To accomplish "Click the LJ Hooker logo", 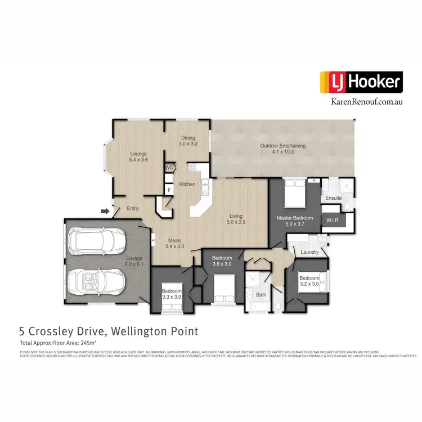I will pos(361,83).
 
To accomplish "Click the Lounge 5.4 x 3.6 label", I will pos(138,156).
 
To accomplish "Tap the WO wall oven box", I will pos(169,168).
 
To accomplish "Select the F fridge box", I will pos(169,190).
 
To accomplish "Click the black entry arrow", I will pos(105,211).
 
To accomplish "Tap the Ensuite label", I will pos(334,198).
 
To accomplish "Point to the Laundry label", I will pos(310,252).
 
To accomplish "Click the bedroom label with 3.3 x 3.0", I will pos(172,293).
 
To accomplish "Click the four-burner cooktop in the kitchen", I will pos(192,167).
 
